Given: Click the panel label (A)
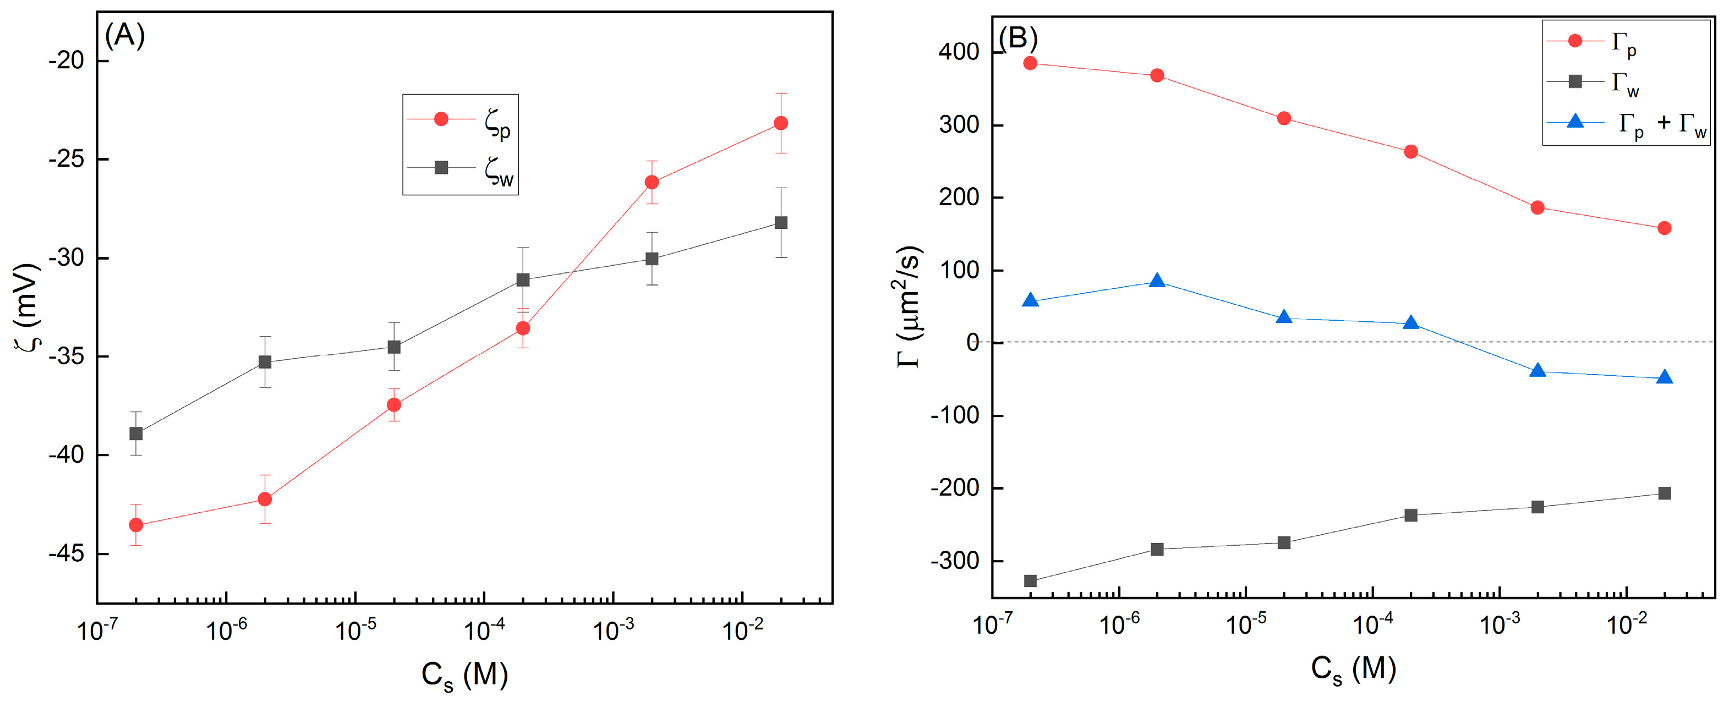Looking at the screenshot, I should coord(125,36).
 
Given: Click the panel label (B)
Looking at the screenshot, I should coord(1018,39).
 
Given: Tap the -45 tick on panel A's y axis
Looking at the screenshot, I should coord(67,553).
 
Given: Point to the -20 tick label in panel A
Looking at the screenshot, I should coord(67,61).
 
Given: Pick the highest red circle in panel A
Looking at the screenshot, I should coord(781,123).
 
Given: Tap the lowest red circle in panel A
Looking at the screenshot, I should coord(136,525).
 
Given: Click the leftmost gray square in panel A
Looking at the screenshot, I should coord(136,434).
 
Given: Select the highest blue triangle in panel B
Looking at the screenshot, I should coord(1157,281).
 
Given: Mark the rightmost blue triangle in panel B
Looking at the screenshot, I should coord(1665,379).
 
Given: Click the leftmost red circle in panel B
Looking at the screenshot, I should coord(1030,64).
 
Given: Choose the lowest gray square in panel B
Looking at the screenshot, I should coord(1030,581).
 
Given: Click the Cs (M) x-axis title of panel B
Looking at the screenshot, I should coord(1353,670).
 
